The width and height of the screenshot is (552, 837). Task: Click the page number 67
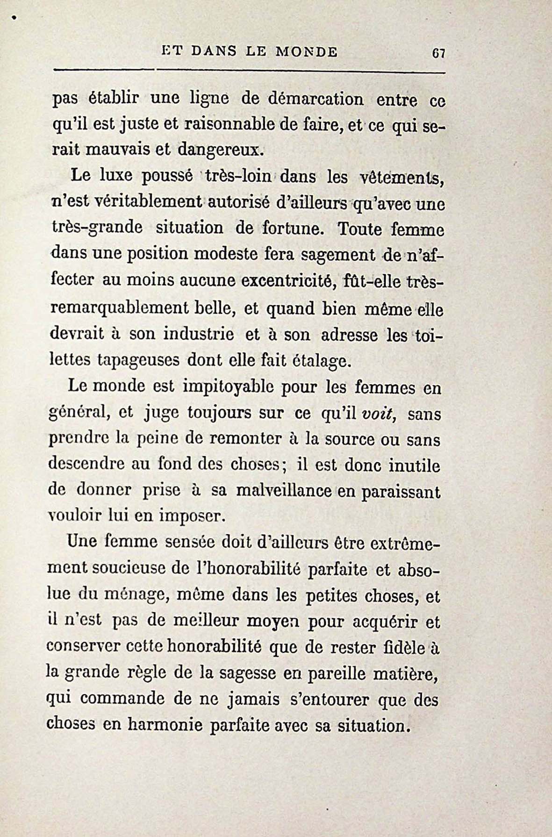438,53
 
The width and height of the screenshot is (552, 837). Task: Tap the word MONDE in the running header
307,51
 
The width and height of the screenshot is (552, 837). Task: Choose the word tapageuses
138,360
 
